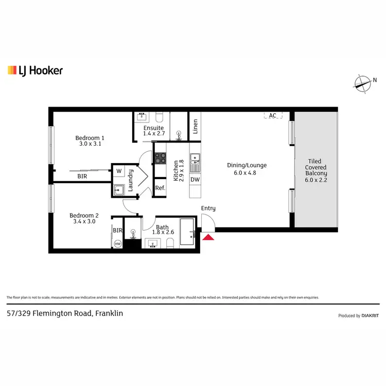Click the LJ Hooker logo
pyautogui.click(x=35, y=71)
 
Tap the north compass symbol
pyautogui.click(x=363, y=82)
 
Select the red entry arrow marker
pyautogui.click(x=208, y=237)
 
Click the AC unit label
pyautogui.click(x=272, y=116)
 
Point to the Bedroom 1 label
pyautogui.click(x=90, y=141)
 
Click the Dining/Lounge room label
pyautogui.click(x=247, y=169)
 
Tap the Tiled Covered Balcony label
pyautogui.click(x=316, y=170)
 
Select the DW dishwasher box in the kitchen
pyautogui.click(x=195, y=180)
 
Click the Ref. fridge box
pyautogui.click(x=160, y=188)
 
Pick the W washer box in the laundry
pyautogui.click(x=119, y=171)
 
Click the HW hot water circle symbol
pyautogui.click(x=118, y=244)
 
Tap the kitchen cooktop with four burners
pyautogui.click(x=160, y=158)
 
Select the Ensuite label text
pyautogui.click(x=154, y=128)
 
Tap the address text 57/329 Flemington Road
pyautogui.click(x=65, y=313)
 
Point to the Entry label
pyautogui.click(x=208, y=208)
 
